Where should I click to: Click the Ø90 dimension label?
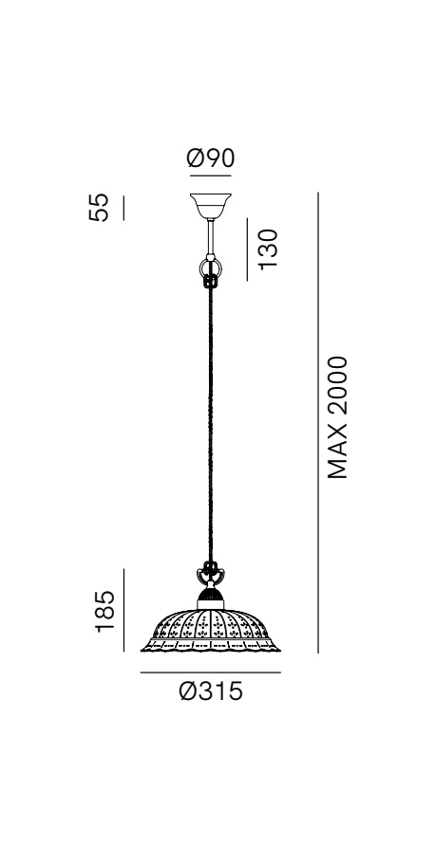210,158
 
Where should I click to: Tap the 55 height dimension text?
99,207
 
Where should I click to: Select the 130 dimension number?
268,249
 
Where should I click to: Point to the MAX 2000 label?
337,417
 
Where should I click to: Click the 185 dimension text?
104,611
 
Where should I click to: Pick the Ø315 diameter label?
211,691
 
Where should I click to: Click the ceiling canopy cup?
210,206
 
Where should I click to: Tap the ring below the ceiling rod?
210,267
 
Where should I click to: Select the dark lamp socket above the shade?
210,598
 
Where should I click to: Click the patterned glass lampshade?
210,631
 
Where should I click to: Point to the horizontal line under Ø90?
210,175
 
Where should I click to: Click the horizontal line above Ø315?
210,673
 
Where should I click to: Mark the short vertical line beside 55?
123,208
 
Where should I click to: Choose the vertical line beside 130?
247,249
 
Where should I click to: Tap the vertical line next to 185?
123,610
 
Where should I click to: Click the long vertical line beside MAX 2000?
318,422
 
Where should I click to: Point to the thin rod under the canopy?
210,237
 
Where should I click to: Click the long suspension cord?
210,425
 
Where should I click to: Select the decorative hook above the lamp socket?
210,575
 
